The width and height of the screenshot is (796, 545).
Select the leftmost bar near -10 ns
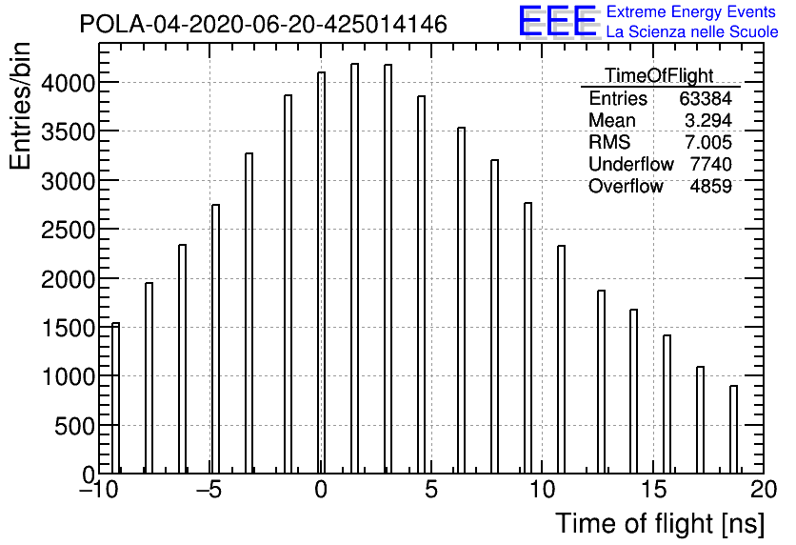click(116, 398)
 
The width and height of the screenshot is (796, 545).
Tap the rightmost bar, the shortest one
click(733, 430)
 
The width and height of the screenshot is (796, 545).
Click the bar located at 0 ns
click(321, 272)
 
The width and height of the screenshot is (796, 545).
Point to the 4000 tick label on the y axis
click(68, 83)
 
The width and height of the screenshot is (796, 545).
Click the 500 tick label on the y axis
click(74, 426)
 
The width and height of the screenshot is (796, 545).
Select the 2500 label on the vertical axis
click(68, 230)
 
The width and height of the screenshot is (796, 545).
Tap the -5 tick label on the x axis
click(209, 490)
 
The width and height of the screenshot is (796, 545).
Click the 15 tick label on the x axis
click(653, 490)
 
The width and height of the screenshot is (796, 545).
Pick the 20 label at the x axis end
click(764, 490)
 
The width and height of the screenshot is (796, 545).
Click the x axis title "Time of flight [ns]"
click(660, 524)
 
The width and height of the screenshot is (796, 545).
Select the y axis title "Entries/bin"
click(21, 106)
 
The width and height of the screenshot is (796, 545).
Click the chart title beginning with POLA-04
click(264, 24)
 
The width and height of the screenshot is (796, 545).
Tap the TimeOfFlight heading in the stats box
click(659, 75)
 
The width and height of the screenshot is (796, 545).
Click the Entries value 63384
click(706, 98)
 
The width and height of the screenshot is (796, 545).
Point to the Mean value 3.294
click(708, 120)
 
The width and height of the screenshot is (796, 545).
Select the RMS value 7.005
click(708, 142)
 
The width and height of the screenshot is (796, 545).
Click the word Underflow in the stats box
click(631, 164)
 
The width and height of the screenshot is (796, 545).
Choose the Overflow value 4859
click(710, 187)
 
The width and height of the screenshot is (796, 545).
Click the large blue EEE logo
click(557, 21)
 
